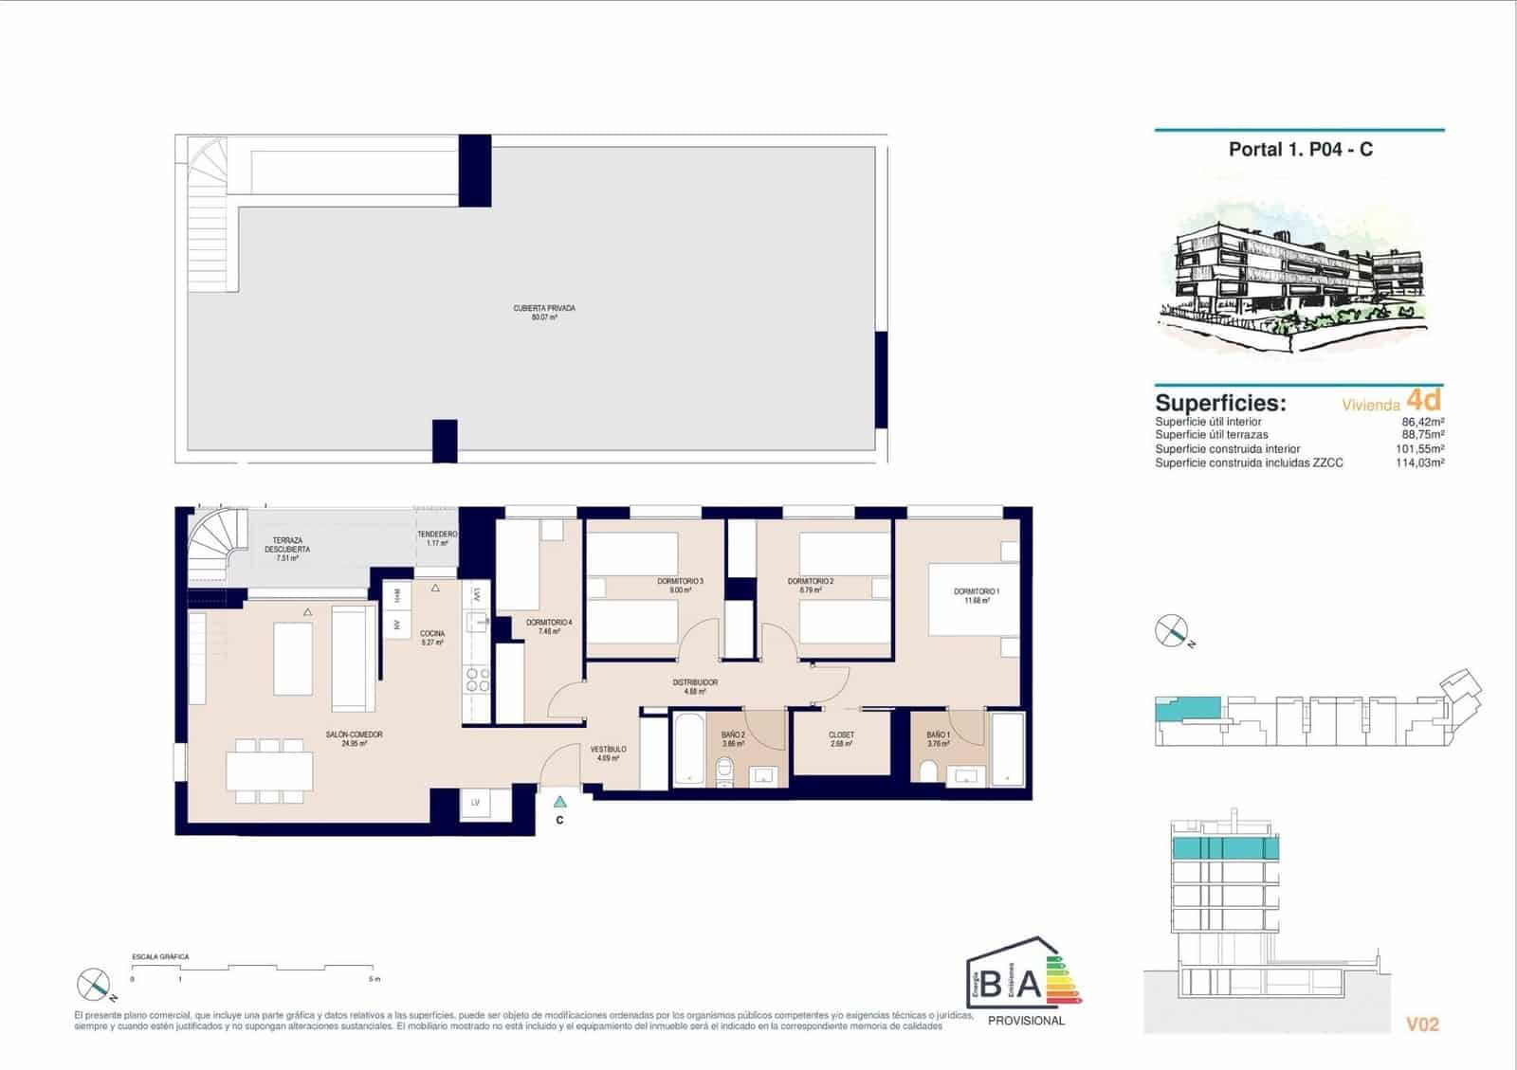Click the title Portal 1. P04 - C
1300,150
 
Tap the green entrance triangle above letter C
560,802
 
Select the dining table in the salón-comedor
270,771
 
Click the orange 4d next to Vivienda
1423,399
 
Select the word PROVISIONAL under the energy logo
1026,1021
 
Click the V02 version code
1422,1025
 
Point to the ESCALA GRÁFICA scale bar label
160,957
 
